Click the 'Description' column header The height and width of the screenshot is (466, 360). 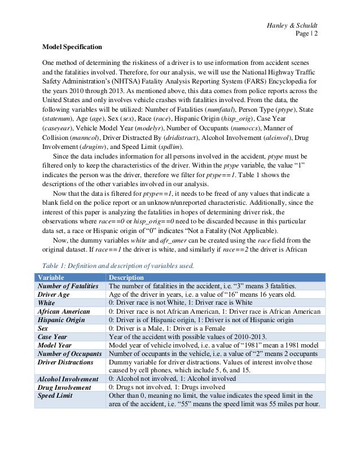126,278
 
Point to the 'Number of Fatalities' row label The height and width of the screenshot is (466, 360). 68,286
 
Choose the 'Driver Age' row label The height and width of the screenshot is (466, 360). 55,294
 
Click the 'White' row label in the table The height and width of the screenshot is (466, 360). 47,303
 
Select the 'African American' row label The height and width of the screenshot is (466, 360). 63,311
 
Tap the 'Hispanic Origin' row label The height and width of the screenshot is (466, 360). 61,320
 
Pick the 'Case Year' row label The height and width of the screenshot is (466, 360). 52,337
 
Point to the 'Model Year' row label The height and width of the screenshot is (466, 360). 55,345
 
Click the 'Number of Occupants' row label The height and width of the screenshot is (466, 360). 69,354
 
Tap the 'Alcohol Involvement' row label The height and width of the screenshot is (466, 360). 67,379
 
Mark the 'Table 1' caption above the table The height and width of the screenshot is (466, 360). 118,265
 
